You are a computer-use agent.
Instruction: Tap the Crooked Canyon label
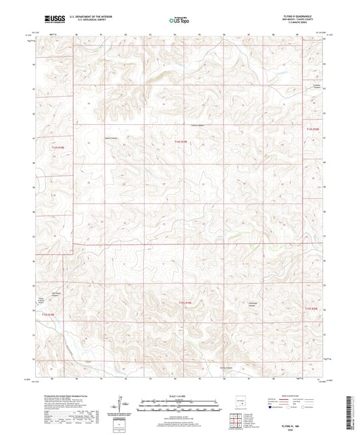pos(316,87)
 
